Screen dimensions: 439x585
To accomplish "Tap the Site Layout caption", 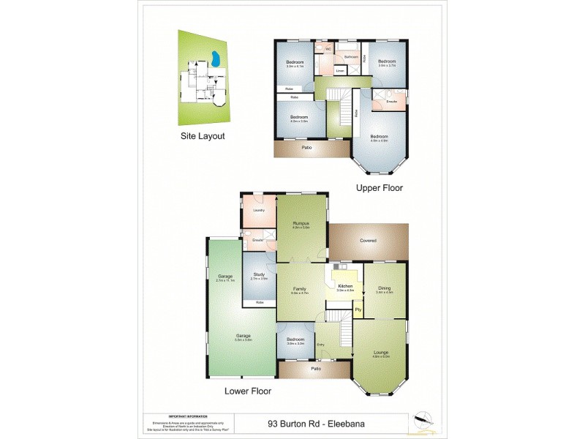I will point(203,136).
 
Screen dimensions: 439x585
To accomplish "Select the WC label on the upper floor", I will point(328,49).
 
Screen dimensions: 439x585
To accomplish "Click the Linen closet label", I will point(340,71).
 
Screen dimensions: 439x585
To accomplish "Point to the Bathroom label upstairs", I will point(351,56).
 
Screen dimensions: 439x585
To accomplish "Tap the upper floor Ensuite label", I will point(391,102).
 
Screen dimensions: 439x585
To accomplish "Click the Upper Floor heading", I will point(379,187).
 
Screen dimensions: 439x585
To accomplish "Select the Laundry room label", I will point(258,211).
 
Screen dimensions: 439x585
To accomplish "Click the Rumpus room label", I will point(301,224).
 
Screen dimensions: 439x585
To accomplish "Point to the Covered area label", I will point(368,240).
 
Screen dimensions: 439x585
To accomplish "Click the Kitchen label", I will point(346,286).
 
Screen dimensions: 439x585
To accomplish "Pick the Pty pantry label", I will point(358,309).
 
